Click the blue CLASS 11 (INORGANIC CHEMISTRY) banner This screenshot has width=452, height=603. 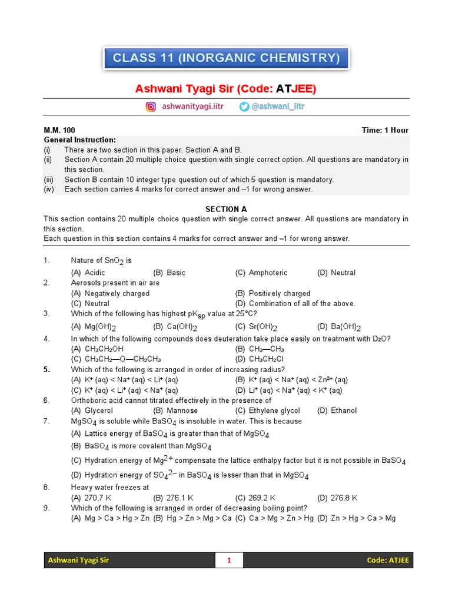[226, 58]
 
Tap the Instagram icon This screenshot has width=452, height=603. [151, 107]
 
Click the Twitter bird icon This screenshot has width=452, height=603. [244, 107]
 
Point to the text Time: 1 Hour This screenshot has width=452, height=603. [385, 130]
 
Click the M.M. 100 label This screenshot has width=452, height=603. [59, 130]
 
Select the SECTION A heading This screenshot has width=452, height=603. [226, 209]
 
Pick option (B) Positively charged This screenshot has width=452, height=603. [272, 293]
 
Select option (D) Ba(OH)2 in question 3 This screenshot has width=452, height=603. [339, 327]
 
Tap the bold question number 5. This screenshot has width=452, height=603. [46, 369]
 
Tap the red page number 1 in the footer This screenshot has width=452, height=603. [229, 560]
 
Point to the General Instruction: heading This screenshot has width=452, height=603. [80, 140]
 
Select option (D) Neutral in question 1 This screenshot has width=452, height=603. [337, 273]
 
